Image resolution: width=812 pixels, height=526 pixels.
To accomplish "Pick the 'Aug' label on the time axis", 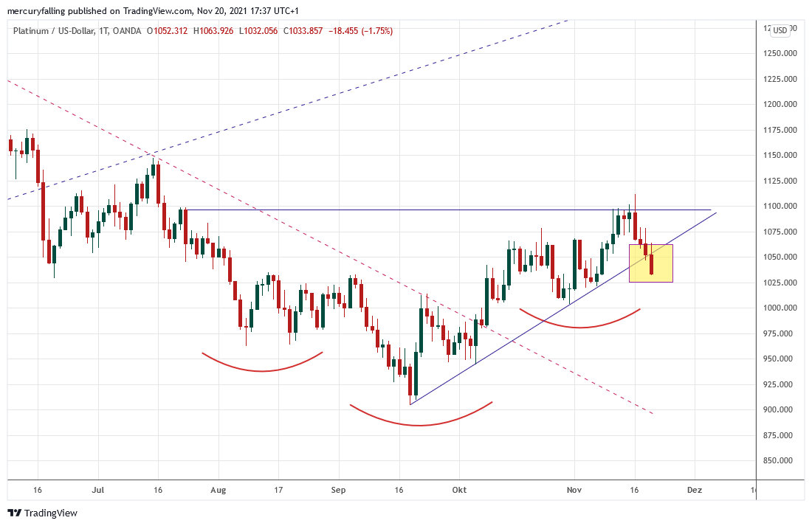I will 217,489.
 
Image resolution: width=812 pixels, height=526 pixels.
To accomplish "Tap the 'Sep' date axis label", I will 338,489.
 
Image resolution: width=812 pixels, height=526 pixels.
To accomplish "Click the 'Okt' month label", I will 460,489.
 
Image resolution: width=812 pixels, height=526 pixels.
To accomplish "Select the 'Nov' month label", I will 574,489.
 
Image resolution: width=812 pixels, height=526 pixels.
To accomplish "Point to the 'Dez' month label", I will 693,489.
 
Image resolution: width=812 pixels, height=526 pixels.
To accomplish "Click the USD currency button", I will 780,30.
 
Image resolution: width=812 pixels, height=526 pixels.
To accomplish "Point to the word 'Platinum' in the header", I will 31,31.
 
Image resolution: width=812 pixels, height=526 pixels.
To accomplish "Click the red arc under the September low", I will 420,424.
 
